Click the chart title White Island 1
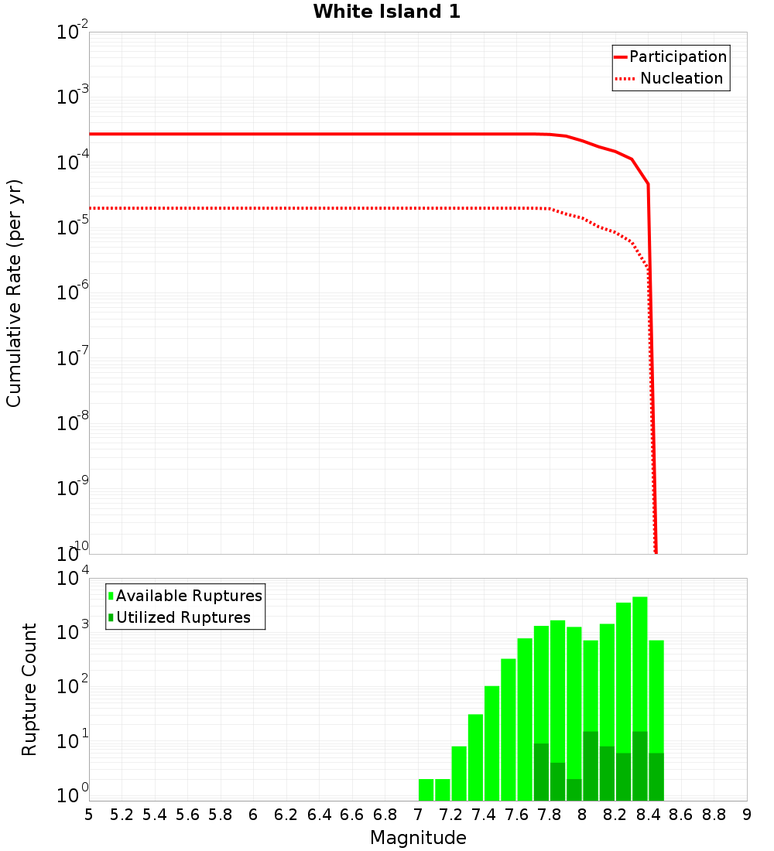coord(386,12)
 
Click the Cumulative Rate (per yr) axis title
coord(14,293)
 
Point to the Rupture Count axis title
coord(29,689)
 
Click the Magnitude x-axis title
coord(418,838)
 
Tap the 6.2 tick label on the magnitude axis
coord(286,815)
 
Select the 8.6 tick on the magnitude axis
coord(681,815)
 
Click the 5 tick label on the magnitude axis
coord(89,815)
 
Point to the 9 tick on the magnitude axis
coord(747,815)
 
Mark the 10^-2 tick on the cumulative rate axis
coord(73,33)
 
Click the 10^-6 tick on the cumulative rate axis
coord(73,293)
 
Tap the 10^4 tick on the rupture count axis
coord(73,579)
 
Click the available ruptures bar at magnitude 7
coord(426,789)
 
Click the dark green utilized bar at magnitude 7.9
coord(574,789)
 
